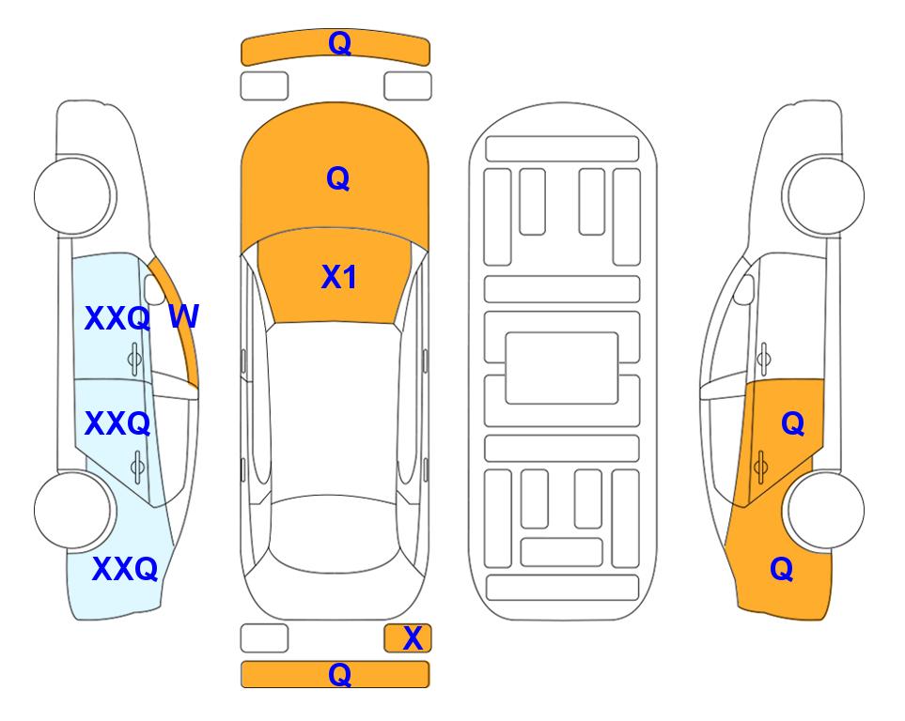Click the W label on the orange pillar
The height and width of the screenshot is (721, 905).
pyautogui.click(x=183, y=316)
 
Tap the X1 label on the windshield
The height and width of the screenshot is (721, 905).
pyautogui.click(x=339, y=277)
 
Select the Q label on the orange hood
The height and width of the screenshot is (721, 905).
pyautogui.click(x=338, y=178)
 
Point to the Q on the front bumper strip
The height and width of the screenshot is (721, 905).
pyautogui.click(x=340, y=43)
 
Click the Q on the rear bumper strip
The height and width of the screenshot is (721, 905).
pyautogui.click(x=340, y=674)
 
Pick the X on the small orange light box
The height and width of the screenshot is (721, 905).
pyautogui.click(x=413, y=638)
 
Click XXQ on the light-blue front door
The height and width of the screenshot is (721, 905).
pyautogui.click(x=117, y=318)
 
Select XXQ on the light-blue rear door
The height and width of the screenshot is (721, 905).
pyautogui.click(x=117, y=423)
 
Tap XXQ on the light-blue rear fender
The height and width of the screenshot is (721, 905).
pyautogui.click(x=125, y=569)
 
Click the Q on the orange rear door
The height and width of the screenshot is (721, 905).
pyautogui.click(x=793, y=424)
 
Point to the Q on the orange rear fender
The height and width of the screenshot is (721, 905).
pyautogui.click(x=782, y=569)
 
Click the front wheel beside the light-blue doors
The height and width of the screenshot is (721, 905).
pyautogui.click(x=74, y=195)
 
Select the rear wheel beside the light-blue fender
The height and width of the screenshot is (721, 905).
pyautogui.click(x=74, y=510)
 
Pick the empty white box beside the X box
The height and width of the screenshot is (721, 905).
pyautogui.click(x=264, y=638)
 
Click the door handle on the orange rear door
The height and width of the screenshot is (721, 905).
pyautogui.click(x=760, y=467)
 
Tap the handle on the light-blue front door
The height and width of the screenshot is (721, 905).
pyautogui.click(x=134, y=359)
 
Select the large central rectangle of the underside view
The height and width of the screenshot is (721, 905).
pyautogui.click(x=562, y=368)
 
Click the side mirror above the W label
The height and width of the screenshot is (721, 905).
pyautogui.click(x=154, y=289)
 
